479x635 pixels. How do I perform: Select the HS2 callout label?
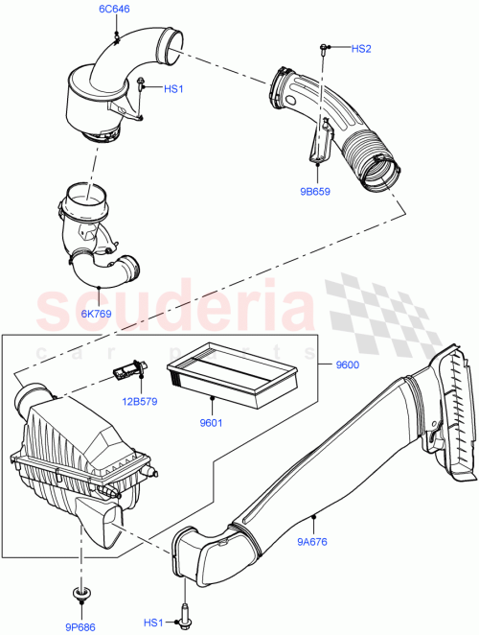point(360,48)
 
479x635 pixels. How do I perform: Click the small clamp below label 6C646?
point(116,35)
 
